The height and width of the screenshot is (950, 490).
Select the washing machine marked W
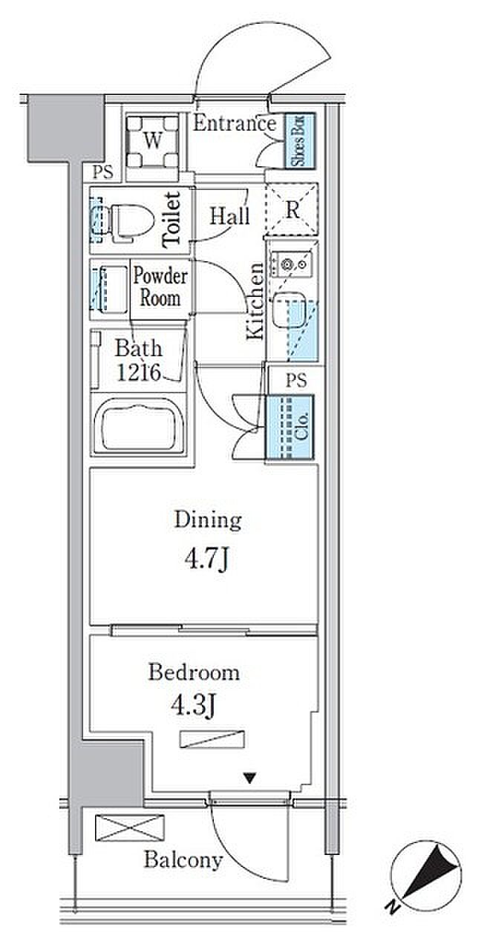[x=153, y=142]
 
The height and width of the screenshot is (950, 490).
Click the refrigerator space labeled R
[x=292, y=209]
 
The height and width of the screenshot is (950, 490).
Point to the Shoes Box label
[x=298, y=140]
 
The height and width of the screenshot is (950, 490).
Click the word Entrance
[x=235, y=123]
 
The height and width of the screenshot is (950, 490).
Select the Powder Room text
[x=160, y=286]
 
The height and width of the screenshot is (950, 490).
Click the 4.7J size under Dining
[x=207, y=560]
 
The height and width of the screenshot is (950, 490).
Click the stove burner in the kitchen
[x=287, y=265]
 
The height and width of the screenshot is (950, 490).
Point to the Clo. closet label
[x=301, y=426]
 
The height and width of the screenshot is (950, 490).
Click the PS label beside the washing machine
[x=102, y=173]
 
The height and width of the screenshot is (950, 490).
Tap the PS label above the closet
[x=295, y=380]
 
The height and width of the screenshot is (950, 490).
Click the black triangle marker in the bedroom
[x=250, y=779]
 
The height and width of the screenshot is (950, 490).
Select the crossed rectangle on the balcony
[x=129, y=828]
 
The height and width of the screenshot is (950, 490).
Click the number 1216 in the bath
[x=139, y=373]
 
